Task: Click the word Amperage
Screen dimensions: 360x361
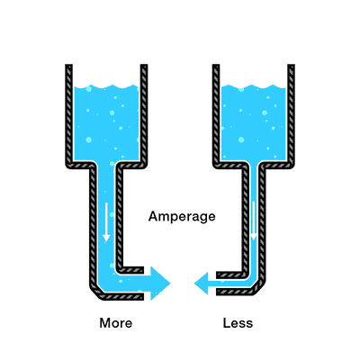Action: tap(182, 217)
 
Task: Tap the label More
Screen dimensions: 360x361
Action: tap(116, 323)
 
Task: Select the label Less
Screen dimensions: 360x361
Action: tap(238, 323)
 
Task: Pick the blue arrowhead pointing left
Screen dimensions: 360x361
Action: tap(202, 284)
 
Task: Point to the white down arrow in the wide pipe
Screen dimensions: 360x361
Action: tap(106, 222)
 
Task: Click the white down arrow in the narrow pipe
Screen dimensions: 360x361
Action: tap(254, 221)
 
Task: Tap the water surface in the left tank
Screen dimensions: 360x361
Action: tap(106, 87)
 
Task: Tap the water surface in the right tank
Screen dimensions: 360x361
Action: tap(254, 87)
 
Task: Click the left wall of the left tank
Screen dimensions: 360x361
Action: tap(69, 114)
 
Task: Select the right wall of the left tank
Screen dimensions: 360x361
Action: tap(144, 114)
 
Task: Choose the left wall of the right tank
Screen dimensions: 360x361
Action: tap(216, 114)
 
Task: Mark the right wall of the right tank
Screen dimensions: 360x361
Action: tap(291, 114)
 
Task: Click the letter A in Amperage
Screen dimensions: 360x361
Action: tap(153, 216)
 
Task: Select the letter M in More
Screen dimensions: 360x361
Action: tap(105, 323)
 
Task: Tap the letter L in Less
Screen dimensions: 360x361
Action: tap(227, 323)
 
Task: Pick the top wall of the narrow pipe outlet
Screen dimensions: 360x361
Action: tap(231, 275)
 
